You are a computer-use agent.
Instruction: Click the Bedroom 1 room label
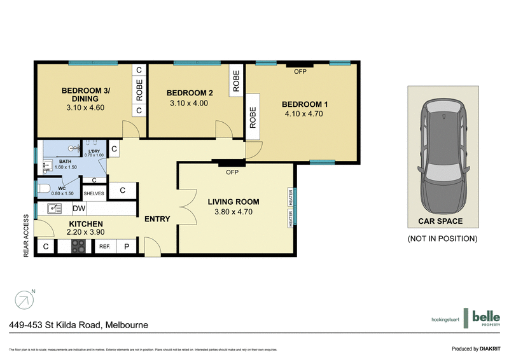(x=302, y=104)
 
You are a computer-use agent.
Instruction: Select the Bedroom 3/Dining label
(x=85, y=95)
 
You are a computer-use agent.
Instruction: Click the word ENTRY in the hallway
(x=157, y=219)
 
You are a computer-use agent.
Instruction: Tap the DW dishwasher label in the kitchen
(x=79, y=208)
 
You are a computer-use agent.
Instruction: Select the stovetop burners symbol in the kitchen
(x=78, y=247)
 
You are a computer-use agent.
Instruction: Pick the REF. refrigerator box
(x=104, y=247)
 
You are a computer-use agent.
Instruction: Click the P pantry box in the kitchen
(x=127, y=247)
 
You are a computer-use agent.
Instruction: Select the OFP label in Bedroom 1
(x=300, y=72)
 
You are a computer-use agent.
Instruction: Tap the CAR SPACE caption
(x=440, y=221)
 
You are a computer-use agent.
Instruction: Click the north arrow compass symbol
(x=24, y=299)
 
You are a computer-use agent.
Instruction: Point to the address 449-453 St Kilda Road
(x=79, y=325)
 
